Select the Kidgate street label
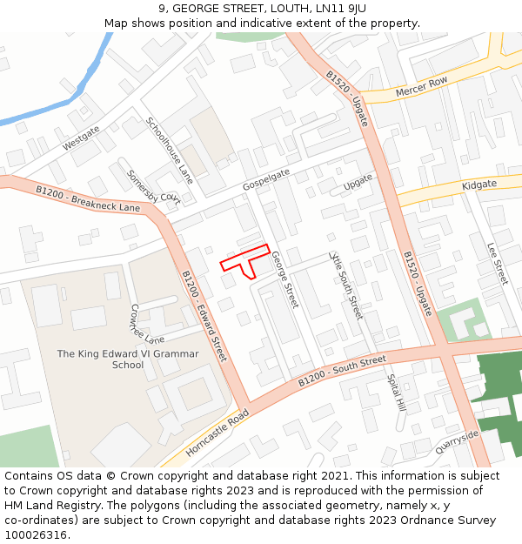pos(479,185)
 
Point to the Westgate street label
pos(82,138)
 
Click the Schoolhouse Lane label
pos(170,150)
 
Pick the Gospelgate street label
pos(266,178)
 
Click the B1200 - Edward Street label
pos(204,316)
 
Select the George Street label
pos(284,279)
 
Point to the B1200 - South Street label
pos(342,371)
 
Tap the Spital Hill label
pos(396,393)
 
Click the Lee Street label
pos(497,264)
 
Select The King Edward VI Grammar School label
pos(128,359)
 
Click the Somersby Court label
pos(152,185)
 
